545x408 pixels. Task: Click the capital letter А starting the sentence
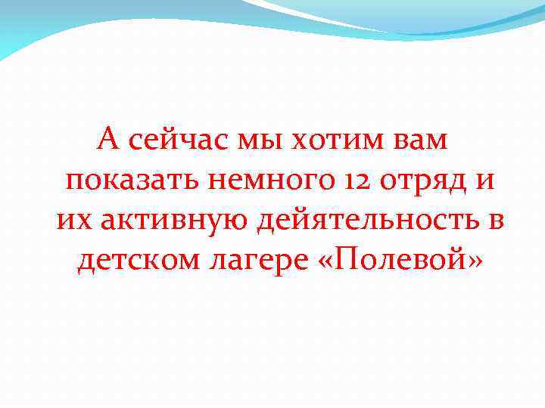coord(110,141)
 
